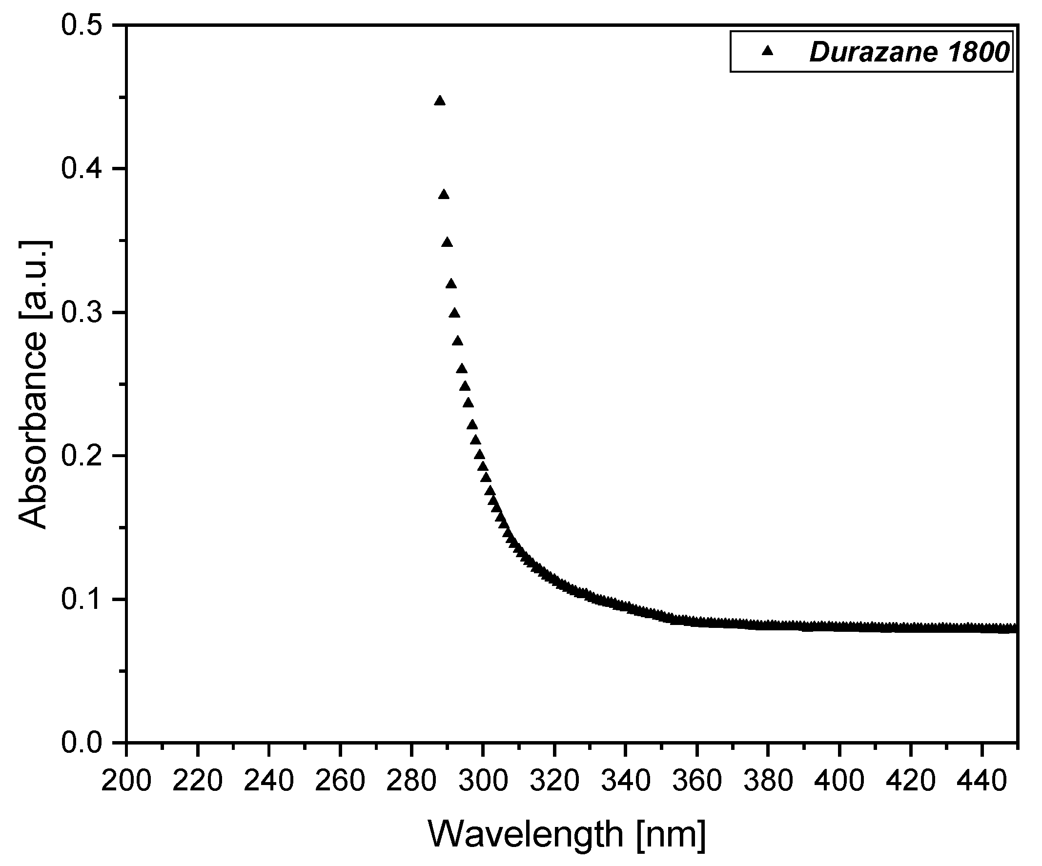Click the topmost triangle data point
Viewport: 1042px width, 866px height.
pos(440,101)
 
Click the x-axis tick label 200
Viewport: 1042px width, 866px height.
pos(126,781)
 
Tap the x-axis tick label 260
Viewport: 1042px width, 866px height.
pos(340,781)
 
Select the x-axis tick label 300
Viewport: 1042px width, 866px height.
pos(483,781)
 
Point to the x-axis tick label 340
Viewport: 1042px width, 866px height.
pos(625,781)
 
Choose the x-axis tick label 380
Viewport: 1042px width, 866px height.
pos(768,781)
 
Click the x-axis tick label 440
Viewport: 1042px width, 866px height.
pos(981,781)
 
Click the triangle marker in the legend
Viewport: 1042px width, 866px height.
pos(768,50)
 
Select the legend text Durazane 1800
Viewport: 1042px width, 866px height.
pos(910,52)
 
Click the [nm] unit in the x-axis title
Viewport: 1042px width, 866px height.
pos(671,834)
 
